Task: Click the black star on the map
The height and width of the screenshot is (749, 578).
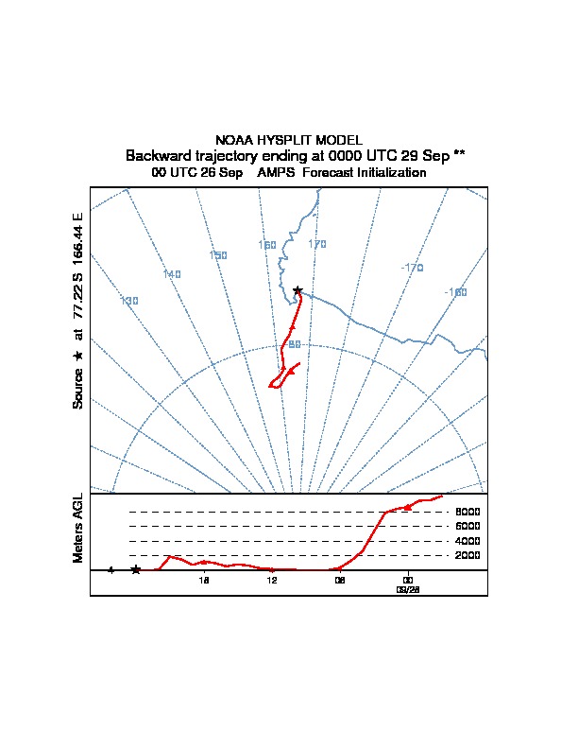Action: [x=297, y=290]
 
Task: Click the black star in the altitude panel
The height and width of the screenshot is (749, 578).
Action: [x=136, y=569]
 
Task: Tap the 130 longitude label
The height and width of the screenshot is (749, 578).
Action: [x=129, y=301]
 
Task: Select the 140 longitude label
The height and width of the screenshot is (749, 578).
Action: [x=172, y=274]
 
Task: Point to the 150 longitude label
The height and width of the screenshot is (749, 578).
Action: [x=218, y=255]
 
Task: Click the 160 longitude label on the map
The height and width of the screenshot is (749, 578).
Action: [x=267, y=245]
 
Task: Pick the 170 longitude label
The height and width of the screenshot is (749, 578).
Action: [x=317, y=244]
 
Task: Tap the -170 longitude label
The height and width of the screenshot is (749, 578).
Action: [x=412, y=268]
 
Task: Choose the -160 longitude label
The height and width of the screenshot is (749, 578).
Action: [x=455, y=292]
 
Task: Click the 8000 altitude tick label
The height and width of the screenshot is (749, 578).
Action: [x=467, y=512]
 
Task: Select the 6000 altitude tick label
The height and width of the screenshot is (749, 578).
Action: [x=467, y=526]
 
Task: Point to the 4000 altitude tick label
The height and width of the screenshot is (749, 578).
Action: [x=467, y=541]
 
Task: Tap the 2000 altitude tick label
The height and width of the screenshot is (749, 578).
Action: [x=467, y=555]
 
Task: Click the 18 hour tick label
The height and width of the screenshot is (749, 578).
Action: [x=203, y=580]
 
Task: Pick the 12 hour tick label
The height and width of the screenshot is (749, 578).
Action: [x=271, y=580]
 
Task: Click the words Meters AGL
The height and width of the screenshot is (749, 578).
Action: [x=78, y=528]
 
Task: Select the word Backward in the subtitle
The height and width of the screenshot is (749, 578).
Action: [x=155, y=155]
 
